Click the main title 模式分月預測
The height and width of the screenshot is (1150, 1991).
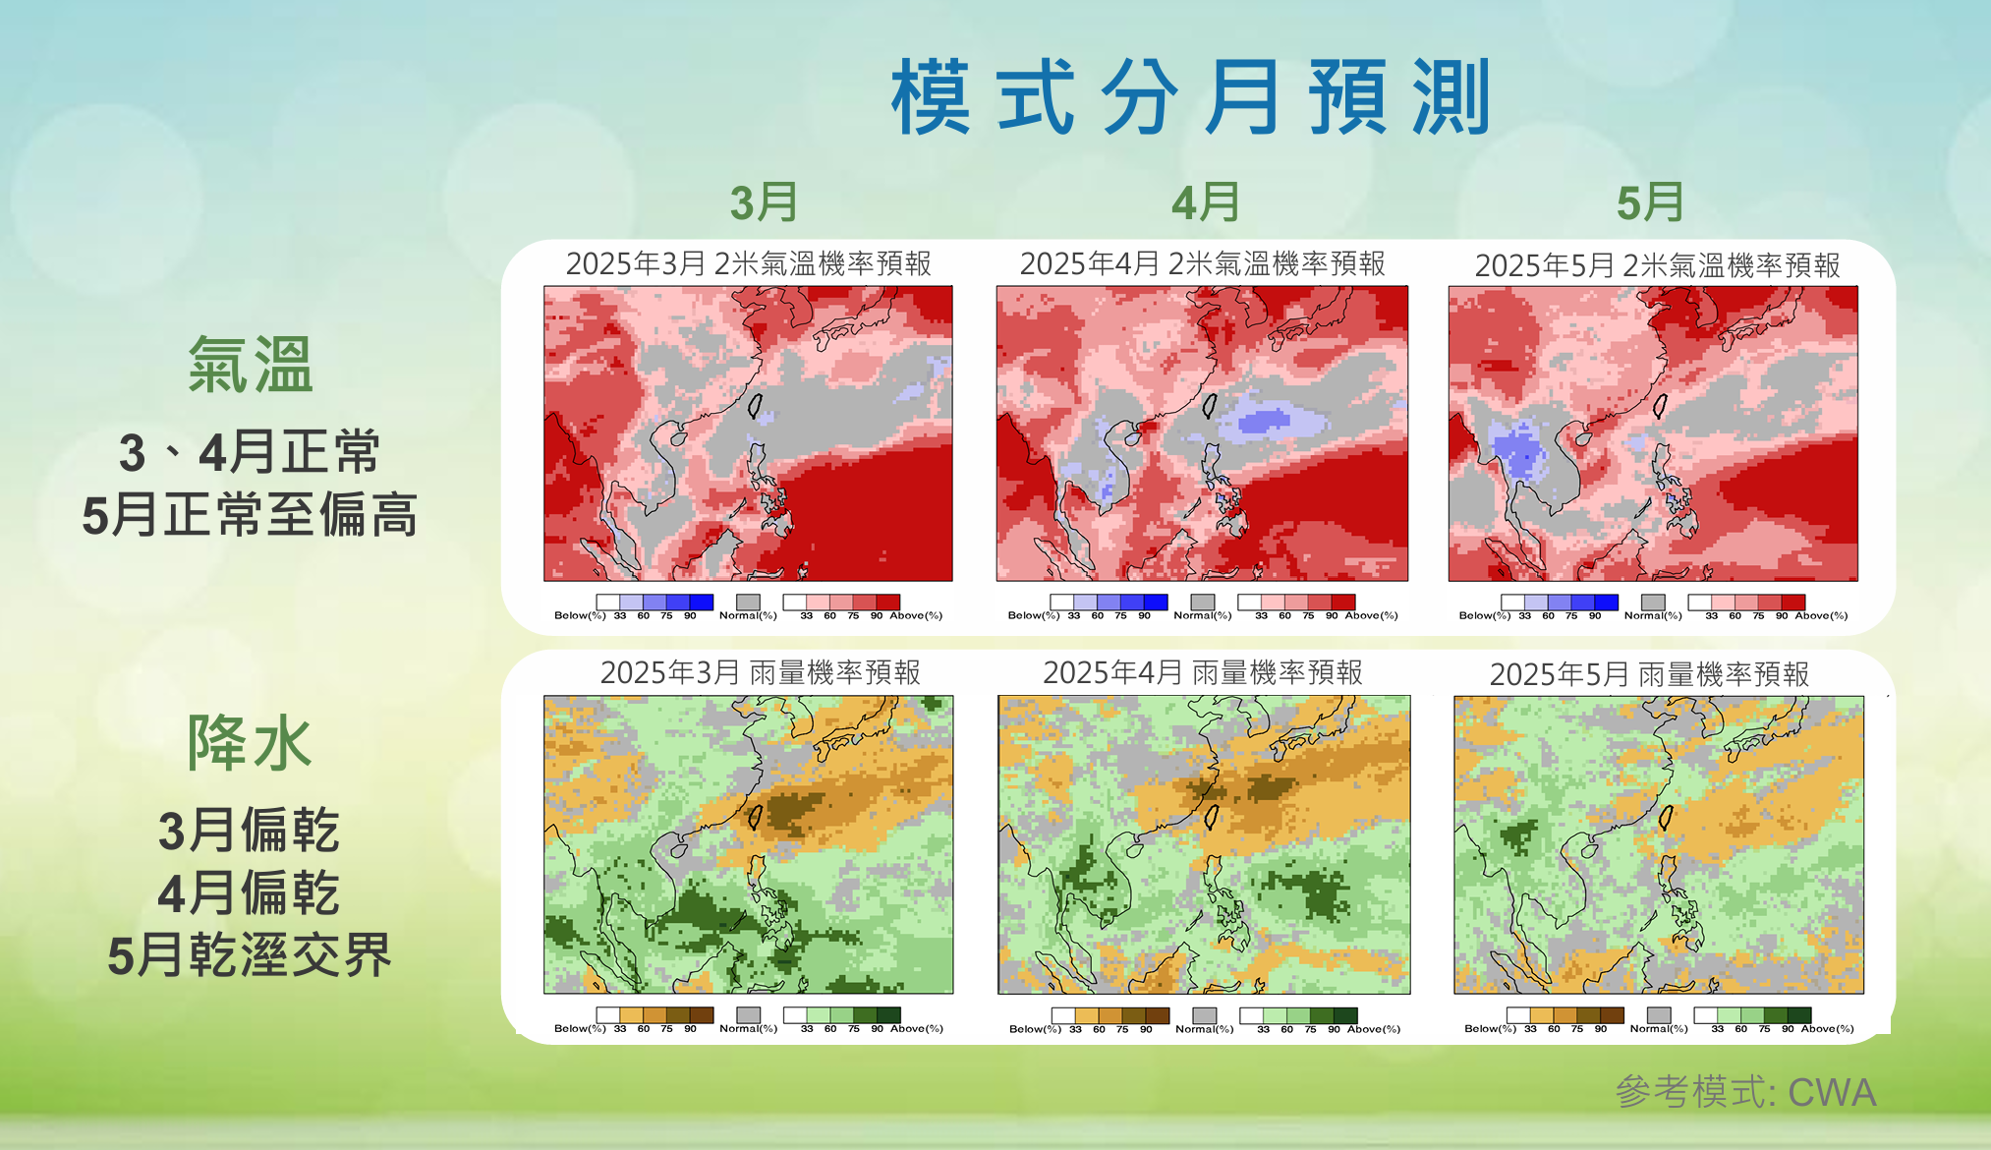[x=1191, y=98]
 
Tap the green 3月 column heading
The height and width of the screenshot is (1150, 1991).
[x=764, y=202]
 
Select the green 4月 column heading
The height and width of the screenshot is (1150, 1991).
[x=1205, y=202]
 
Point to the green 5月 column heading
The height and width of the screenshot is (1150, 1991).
[x=1650, y=202]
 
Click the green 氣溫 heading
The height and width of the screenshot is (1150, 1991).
[x=251, y=365]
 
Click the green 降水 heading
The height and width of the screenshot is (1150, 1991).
[x=250, y=742]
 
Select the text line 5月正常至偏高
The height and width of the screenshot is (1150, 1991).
[x=250, y=514]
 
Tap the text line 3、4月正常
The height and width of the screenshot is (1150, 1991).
[x=250, y=452]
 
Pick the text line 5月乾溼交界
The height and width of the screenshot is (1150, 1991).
[x=250, y=955]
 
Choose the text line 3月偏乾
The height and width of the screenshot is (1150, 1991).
[x=250, y=831]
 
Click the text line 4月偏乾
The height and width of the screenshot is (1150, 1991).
[x=250, y=892]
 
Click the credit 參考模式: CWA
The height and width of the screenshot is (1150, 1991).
[x=1745, y=1092]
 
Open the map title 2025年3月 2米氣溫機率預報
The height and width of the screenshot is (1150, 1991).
[x=748, y=263]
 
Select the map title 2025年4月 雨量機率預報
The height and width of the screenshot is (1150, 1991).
[x=1203, y=672]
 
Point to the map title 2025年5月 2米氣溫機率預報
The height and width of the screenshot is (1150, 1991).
[x=1657, y=265]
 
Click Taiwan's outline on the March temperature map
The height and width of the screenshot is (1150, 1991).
[x=756, y=405]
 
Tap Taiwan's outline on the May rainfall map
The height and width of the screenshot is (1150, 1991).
[x=1666, y=817]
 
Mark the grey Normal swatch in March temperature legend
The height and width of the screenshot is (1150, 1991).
[x=748, y=602]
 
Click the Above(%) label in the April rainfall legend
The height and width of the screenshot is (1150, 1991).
[x=1374, y=1029]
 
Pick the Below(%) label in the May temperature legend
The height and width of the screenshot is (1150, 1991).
[x=1484, y=615]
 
